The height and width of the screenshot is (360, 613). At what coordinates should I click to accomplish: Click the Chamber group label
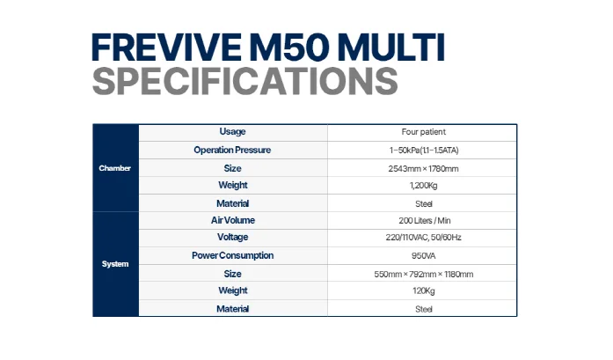pos(115,167)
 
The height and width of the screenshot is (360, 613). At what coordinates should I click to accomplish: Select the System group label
pos(115,264)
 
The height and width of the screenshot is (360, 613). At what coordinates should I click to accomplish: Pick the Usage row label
pos(233,132)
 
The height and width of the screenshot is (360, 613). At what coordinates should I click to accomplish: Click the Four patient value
pos(423,132)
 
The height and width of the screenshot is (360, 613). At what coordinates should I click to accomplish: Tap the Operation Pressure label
pos(233,150)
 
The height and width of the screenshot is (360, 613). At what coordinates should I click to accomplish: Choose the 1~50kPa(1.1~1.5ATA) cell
pos(423,151)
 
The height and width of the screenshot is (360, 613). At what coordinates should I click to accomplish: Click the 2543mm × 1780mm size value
pos(423,168)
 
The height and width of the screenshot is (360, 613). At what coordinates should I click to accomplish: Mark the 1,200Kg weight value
pos(423,186)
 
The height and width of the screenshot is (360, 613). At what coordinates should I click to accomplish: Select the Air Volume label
pos(233,220)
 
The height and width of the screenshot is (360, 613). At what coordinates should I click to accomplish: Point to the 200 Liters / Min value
pos(423,221)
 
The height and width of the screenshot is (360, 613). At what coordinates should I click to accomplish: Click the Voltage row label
pos(233,238)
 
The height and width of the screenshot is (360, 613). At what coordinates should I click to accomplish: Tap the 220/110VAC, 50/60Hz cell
pos(423,239)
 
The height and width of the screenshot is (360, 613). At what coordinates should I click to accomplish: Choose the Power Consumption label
pos(233,255)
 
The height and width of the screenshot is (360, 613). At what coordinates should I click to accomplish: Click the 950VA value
pos(423,256)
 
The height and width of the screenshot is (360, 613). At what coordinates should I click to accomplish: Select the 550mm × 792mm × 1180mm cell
pos(423,274)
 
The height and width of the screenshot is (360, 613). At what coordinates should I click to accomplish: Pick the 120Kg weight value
pos(423,291)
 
